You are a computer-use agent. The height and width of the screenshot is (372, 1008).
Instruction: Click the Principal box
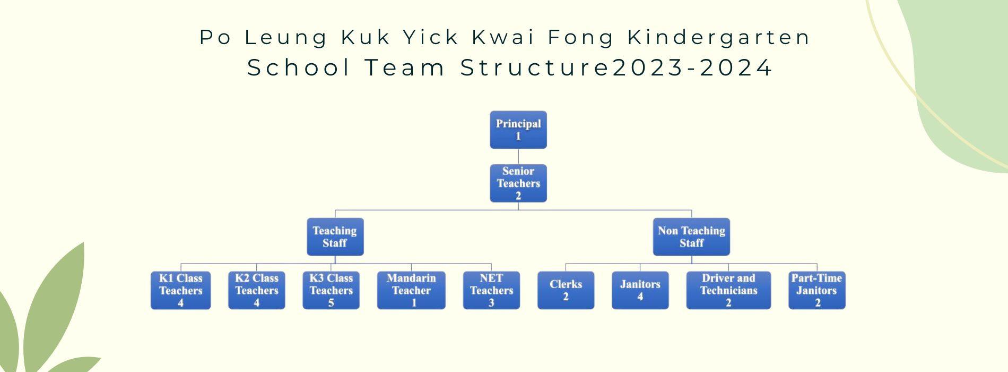pyautogui.click(x=518, y=130)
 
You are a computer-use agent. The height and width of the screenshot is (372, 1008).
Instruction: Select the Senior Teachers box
pyautogui.click(x=518, y=183)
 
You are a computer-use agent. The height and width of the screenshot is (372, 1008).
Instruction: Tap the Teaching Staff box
pyautogui.click(x=335, y=237)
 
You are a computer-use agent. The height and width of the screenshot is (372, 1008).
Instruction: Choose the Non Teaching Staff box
pyautogui.click(x=691, y=237)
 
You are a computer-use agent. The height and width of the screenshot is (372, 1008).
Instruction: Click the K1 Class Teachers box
pyautogui.click(x=181, y=290)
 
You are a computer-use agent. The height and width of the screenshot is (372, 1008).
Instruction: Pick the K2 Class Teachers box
pyautogui.click(x=257, y=290)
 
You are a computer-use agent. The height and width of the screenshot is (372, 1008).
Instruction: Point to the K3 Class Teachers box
pyautogui.click(x=331, y=290)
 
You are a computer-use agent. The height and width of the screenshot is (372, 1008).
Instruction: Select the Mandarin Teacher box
pyautogui.click(x=411, y=290)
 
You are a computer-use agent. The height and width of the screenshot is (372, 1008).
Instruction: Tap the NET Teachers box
pyautogui.click(x=491, y=290)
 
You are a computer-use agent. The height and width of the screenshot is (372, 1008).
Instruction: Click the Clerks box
pyautogui.click(x=566, y=290)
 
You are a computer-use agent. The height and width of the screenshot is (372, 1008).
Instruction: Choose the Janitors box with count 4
pyautogui.click(x=640, y=290)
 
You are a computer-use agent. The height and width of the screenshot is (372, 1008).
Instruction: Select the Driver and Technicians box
pyautogui.click(x=728, y=290)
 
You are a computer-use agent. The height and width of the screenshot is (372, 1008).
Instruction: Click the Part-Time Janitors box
pyautogui.click(x=817, y=290)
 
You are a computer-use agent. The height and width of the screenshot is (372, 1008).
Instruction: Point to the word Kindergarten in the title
pyautogui.click(x=719, y=37)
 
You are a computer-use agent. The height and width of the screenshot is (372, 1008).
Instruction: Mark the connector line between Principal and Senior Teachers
pyautogui.click(x=518, y=157)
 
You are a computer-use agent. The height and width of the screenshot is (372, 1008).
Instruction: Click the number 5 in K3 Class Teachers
pyautogui.click(x=331, y=303)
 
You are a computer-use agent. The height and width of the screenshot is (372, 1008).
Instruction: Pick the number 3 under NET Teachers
pyautogui.click(x=491, y=303)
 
